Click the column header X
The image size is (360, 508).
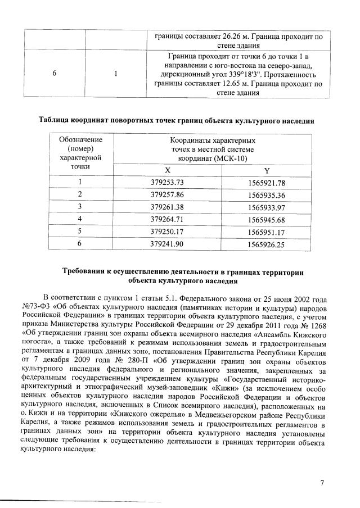click(168, 170)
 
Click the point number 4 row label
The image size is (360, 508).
click(80, 219)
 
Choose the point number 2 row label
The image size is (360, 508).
click(80, 194)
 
